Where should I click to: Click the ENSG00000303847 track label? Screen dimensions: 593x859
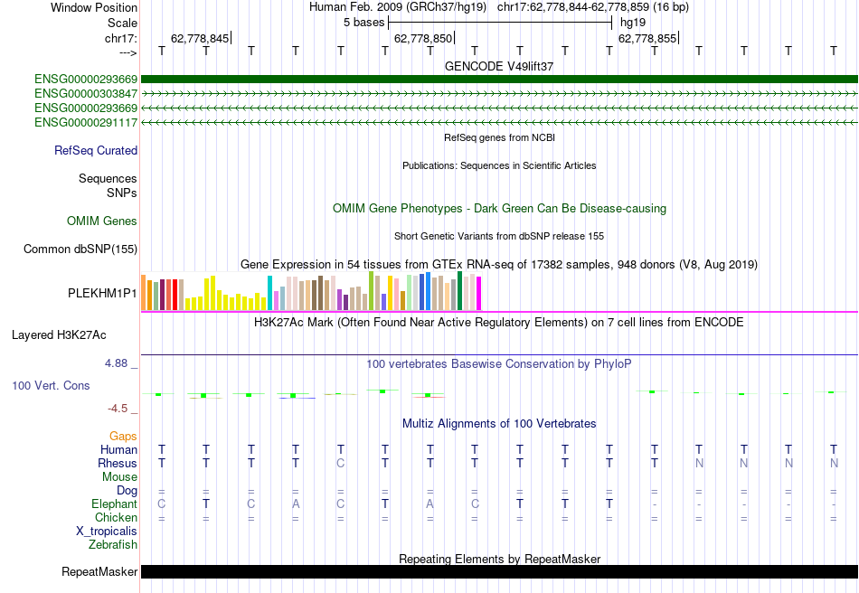(86, 93)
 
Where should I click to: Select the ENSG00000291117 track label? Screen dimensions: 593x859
(86, 122)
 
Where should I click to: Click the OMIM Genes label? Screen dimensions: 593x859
(102, 221)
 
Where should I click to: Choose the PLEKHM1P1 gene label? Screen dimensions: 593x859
(103, 294)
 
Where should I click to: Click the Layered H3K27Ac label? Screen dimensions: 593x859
(59, 335)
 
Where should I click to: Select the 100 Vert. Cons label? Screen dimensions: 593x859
(51, 386)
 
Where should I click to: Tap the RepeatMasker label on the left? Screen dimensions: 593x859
(99, 572)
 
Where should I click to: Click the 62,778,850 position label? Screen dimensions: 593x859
(422, 39)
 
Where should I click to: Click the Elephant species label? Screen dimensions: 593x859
(114, 504)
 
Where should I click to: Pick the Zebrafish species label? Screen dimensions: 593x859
(113, 545)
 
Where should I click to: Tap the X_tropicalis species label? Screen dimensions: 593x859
(107, 532)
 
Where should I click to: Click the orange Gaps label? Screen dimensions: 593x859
(123, 437)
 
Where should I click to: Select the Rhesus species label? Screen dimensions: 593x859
(118, 464)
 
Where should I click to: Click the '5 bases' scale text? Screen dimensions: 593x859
(363, 23)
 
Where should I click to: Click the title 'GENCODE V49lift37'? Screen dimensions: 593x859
(499, 66)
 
